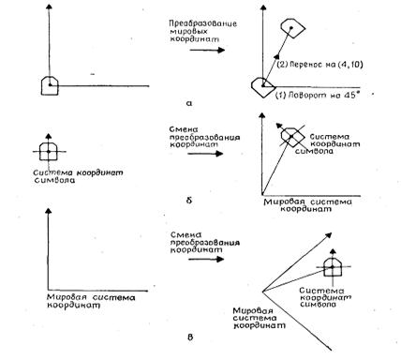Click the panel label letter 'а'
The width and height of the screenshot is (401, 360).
(x=189, y=103)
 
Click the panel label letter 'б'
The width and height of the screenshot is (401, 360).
(x=189, y=200)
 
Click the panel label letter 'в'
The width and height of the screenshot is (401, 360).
(x=190, y=337)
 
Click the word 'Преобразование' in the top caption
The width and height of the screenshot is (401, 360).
(x=203, y=23)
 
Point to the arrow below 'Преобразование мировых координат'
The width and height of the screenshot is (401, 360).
(x=207, y=50)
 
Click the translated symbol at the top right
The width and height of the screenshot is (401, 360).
(x=292, y=28)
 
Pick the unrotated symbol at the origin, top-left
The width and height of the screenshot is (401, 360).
(x=50, y=85)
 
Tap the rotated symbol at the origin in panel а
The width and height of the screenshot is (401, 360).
(x=262, y=87)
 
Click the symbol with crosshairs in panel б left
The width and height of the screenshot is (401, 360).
(x=48, y=152)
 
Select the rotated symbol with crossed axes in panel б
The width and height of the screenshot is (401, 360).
(x=291, y=137)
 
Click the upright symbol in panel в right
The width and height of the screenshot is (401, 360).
(x=333, y=267)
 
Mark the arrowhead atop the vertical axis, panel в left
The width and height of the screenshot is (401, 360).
(x=48, y=211)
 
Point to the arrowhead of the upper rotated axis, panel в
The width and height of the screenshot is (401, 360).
(x=328, y=235)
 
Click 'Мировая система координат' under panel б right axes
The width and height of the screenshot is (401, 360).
(x=308, y=205)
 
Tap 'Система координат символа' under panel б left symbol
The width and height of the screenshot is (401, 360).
(x=78, y=176)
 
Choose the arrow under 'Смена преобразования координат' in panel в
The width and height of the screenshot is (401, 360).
(x=206, y=259)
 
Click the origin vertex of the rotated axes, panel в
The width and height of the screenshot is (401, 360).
(x=262, y=292)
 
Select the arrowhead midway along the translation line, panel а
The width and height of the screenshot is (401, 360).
(x=276, y=56)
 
